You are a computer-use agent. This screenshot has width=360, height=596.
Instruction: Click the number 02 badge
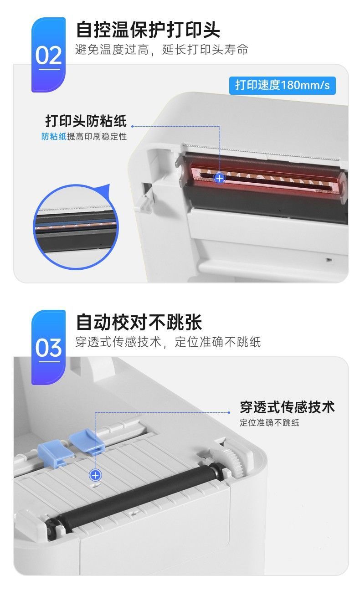click(48, 55)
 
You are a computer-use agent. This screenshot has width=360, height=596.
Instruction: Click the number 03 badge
click(48, 347)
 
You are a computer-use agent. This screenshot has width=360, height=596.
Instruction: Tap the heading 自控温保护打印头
click(148, 30)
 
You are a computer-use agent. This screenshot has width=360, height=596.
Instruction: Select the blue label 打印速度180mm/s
click(283, 85)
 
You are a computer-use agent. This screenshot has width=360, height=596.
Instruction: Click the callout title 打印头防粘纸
click(86, 121)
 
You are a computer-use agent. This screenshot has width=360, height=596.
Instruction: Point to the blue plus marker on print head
click(220, 178)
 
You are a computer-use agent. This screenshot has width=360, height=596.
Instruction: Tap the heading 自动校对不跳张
click(139, 322)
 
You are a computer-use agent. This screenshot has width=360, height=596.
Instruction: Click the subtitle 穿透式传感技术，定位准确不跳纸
click(168, 342)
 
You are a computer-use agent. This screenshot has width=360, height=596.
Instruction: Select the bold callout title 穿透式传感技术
click(287, 407)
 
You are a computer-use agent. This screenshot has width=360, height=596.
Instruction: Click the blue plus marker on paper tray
click(95, 475)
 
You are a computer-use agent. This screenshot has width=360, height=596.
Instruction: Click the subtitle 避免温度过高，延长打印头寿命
click(162, 50)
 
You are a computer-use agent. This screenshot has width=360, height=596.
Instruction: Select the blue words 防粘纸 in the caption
click(54, 137)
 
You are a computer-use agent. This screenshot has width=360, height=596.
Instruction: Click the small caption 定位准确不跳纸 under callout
click(269, 422)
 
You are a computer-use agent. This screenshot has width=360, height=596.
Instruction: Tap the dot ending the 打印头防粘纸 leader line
click(133, 126)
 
